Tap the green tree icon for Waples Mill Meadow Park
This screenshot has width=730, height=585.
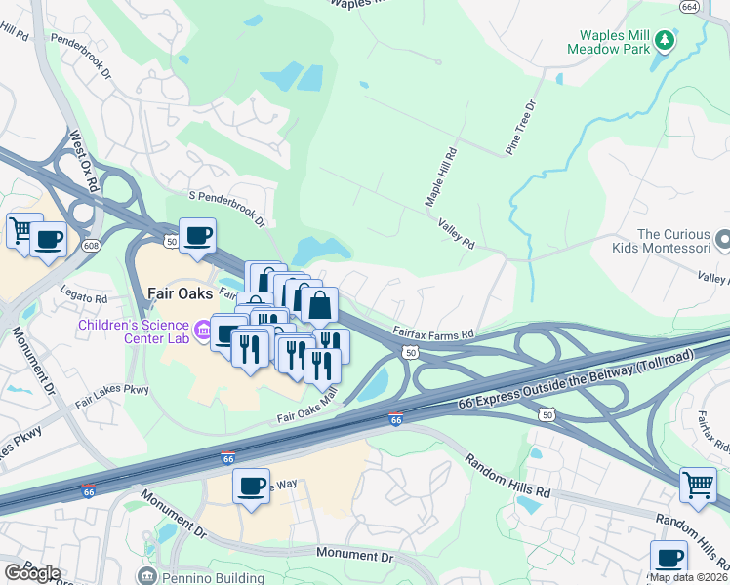[665, 40]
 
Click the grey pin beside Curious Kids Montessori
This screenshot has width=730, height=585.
[722, 239]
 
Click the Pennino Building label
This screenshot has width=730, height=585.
[200, 576]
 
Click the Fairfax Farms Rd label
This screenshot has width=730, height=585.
[433, 332]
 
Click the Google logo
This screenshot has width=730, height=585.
[31, 573]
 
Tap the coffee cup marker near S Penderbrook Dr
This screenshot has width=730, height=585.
[197, 236]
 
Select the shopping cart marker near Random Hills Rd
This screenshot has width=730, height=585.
[697, 485]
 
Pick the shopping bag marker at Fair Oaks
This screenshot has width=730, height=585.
[319, 304]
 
